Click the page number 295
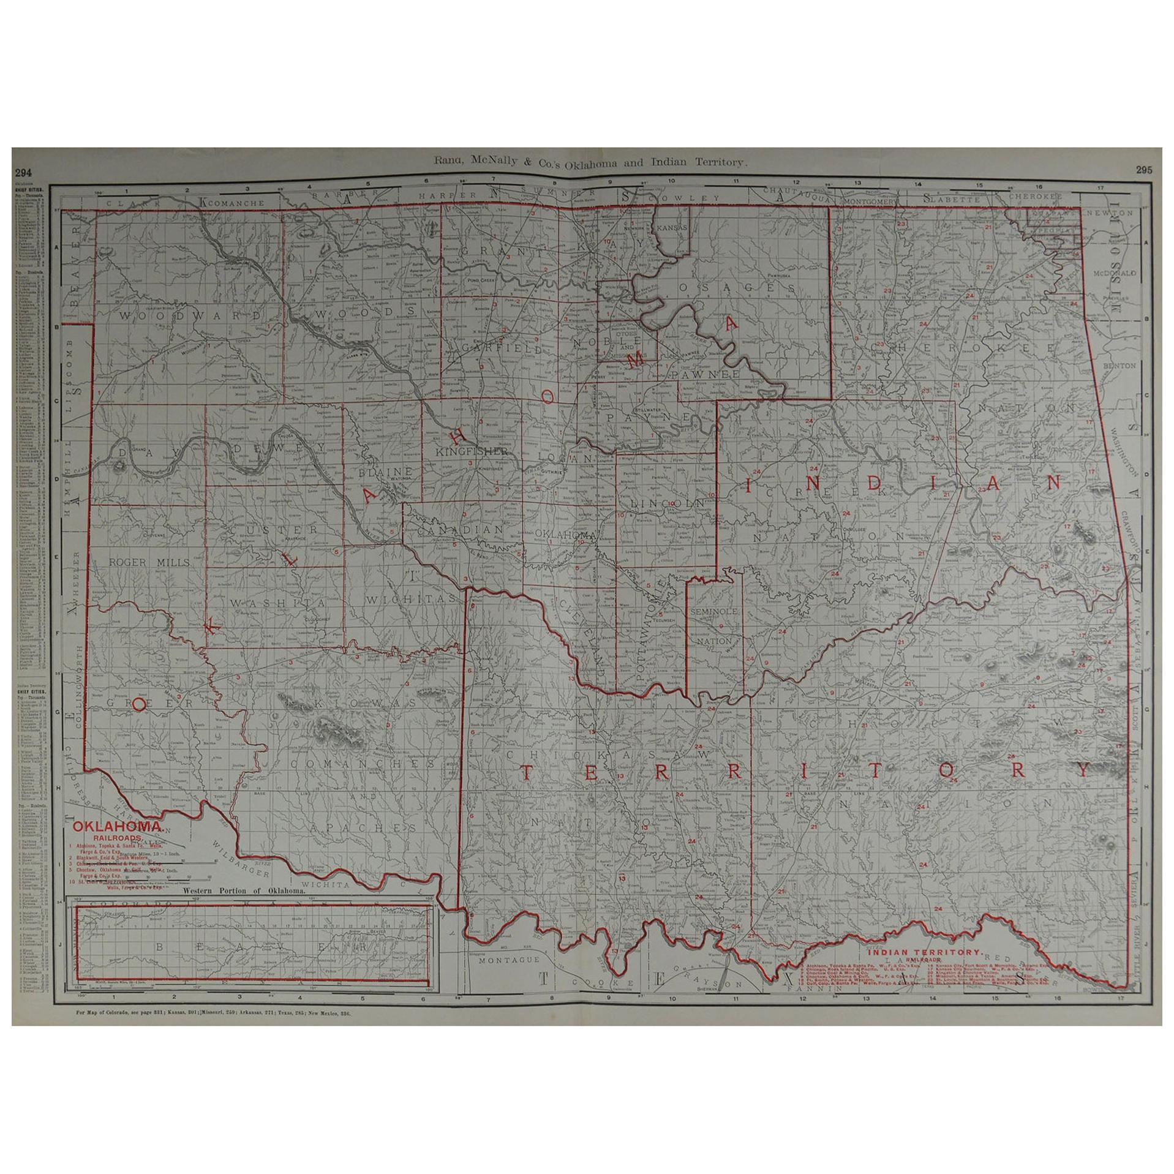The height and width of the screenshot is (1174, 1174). tap(1144, 170)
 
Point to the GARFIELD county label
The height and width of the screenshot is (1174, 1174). tap(502, 349)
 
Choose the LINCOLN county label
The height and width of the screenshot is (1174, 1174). tap(666, 502)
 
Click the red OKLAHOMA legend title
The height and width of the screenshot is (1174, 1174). tap(118, 826)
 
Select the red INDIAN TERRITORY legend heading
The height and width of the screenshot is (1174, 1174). tap(925, 952)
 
